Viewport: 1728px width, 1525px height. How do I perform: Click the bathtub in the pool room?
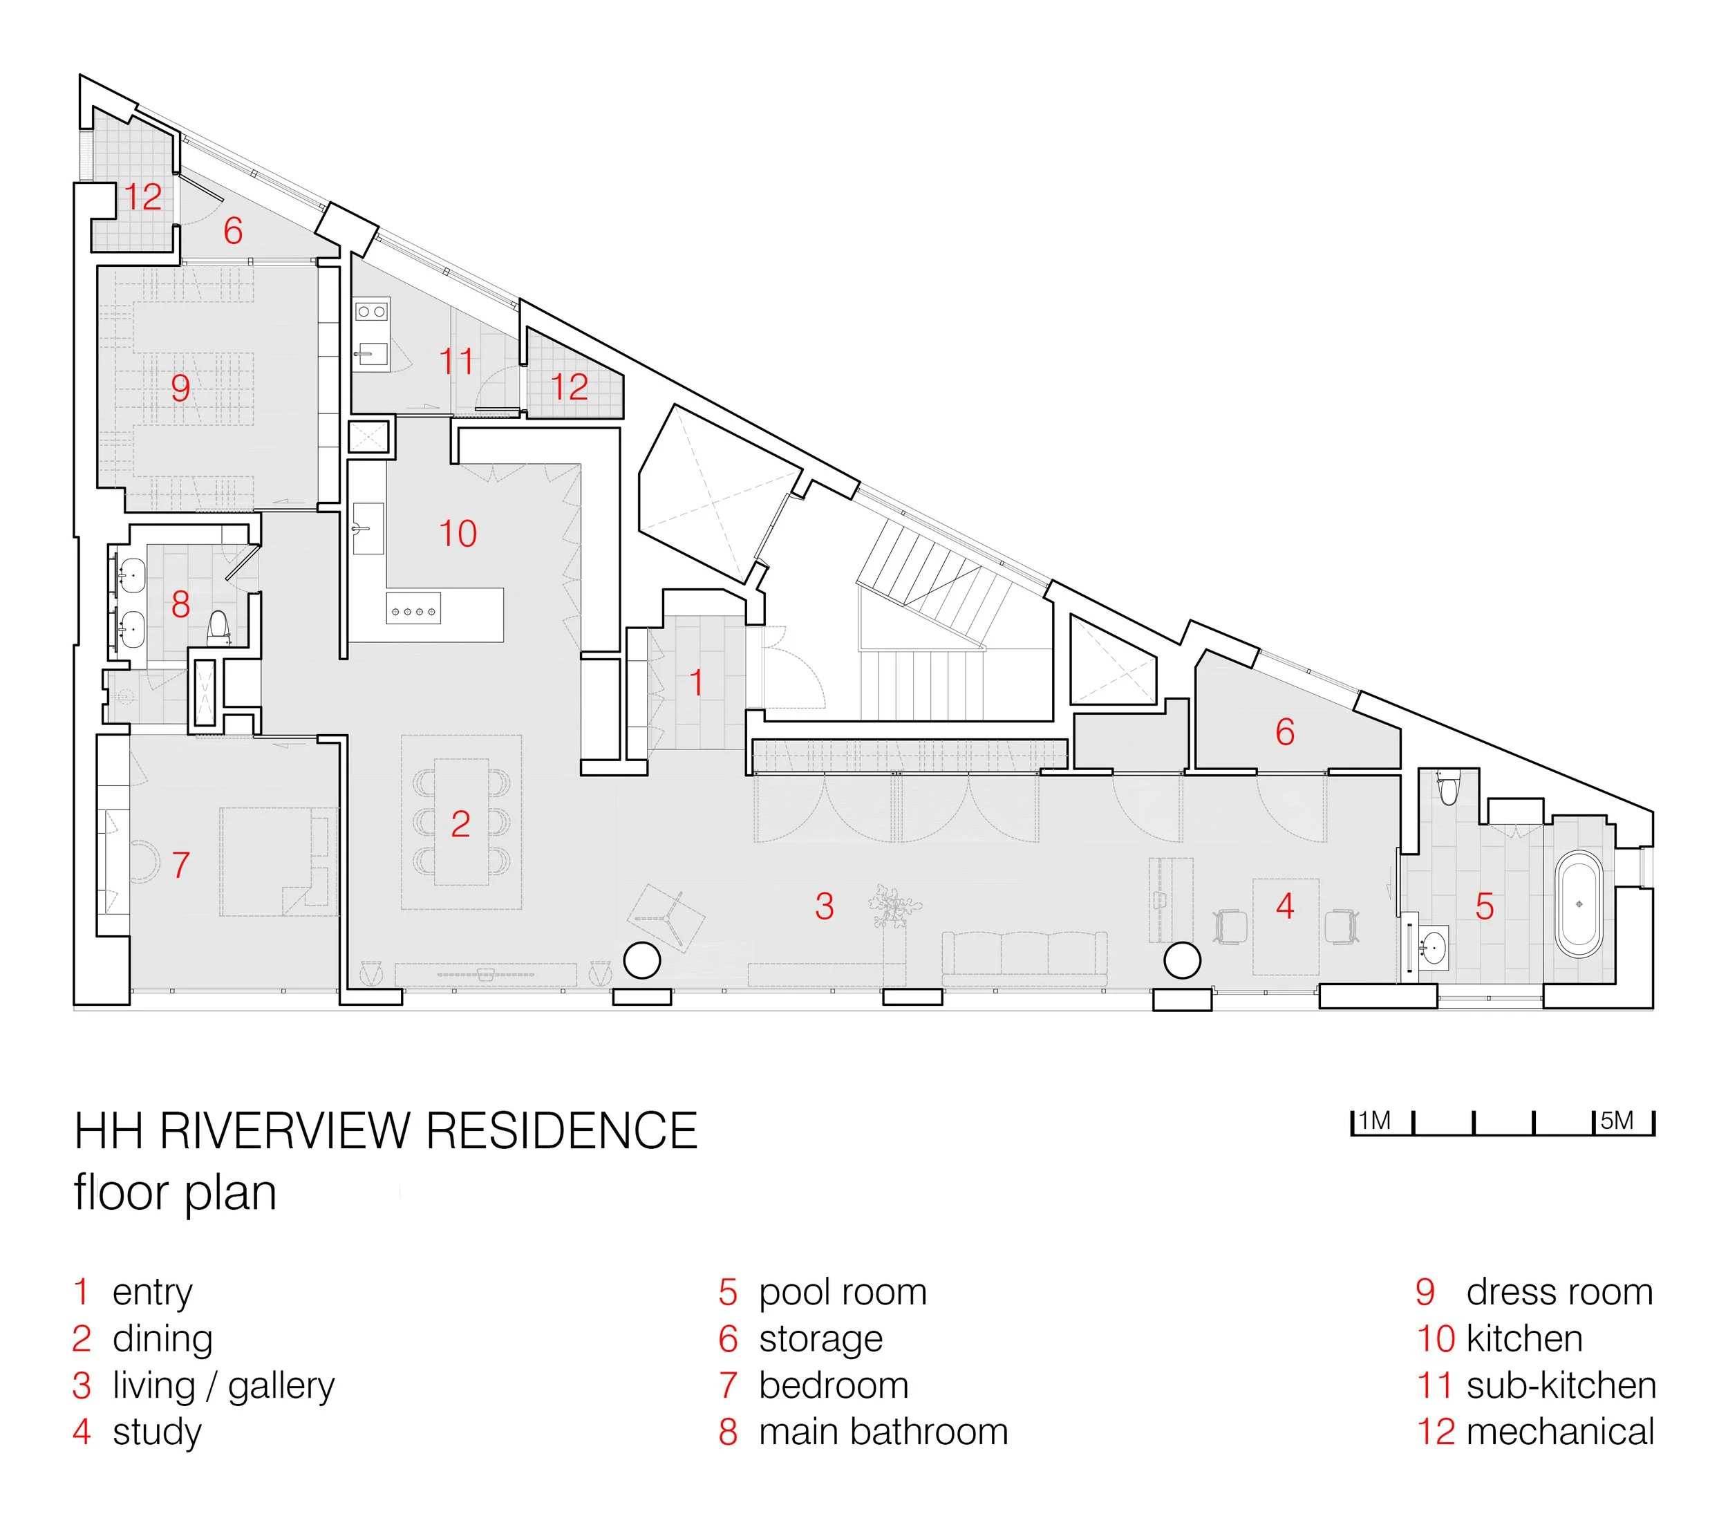[1579, 904]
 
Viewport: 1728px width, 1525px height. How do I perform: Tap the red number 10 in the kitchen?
[458, 534]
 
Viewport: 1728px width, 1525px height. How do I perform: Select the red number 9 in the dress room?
[180, 388]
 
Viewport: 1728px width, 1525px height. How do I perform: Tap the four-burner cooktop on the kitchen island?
[413, 610]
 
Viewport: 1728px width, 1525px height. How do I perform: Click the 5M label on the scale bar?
[1617, 1121]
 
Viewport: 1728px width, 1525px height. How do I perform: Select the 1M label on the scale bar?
[1375, 1121]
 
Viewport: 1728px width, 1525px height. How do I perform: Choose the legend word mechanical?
[1560, 1432]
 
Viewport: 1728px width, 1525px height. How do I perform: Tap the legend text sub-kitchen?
[1561, 1385]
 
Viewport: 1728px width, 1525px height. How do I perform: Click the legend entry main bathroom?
[883, 1432]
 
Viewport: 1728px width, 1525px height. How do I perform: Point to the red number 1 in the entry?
[697, 683]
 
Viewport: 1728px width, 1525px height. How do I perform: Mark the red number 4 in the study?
[1285, 906]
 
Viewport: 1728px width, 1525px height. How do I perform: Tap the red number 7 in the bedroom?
[181, 865]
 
